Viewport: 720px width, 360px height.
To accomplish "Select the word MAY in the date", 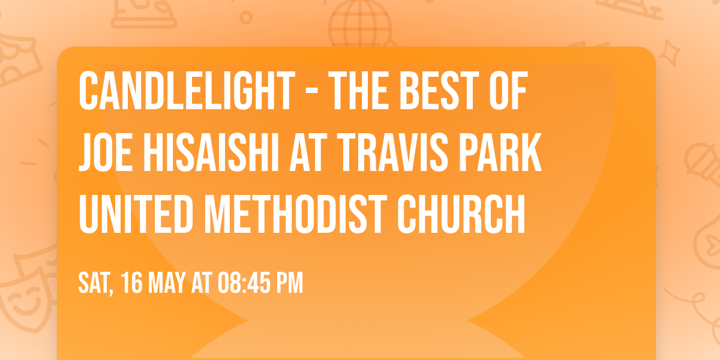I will [167, 283].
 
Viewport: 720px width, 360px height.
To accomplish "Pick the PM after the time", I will [290, 283].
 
